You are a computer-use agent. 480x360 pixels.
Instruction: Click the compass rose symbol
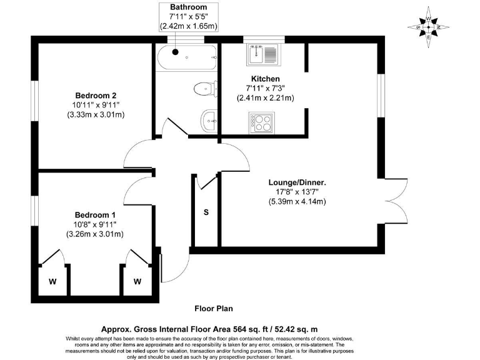pyautogui.click(x=428, y=26)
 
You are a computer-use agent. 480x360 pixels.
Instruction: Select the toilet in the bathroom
pyautogui.click(x=204, y=89)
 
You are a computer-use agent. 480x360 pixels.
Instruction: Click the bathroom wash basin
pyautogui.click(x=209, y=117)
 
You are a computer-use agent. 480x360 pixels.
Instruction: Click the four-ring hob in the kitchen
pyautogui.click(x=261, y=121)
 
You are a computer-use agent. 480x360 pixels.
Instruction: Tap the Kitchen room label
pyautogui.click(x=265, y=79)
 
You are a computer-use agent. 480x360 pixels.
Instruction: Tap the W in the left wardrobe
pyautogui.click(x=52, y=281)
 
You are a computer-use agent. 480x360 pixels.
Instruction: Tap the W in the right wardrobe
pyautogui.click(x=137, y=281)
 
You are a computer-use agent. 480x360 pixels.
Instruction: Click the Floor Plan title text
pyautogui.click(x=213, y=308)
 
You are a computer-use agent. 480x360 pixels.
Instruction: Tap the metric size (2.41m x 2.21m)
pyautogui.click(x=265, y=98)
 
